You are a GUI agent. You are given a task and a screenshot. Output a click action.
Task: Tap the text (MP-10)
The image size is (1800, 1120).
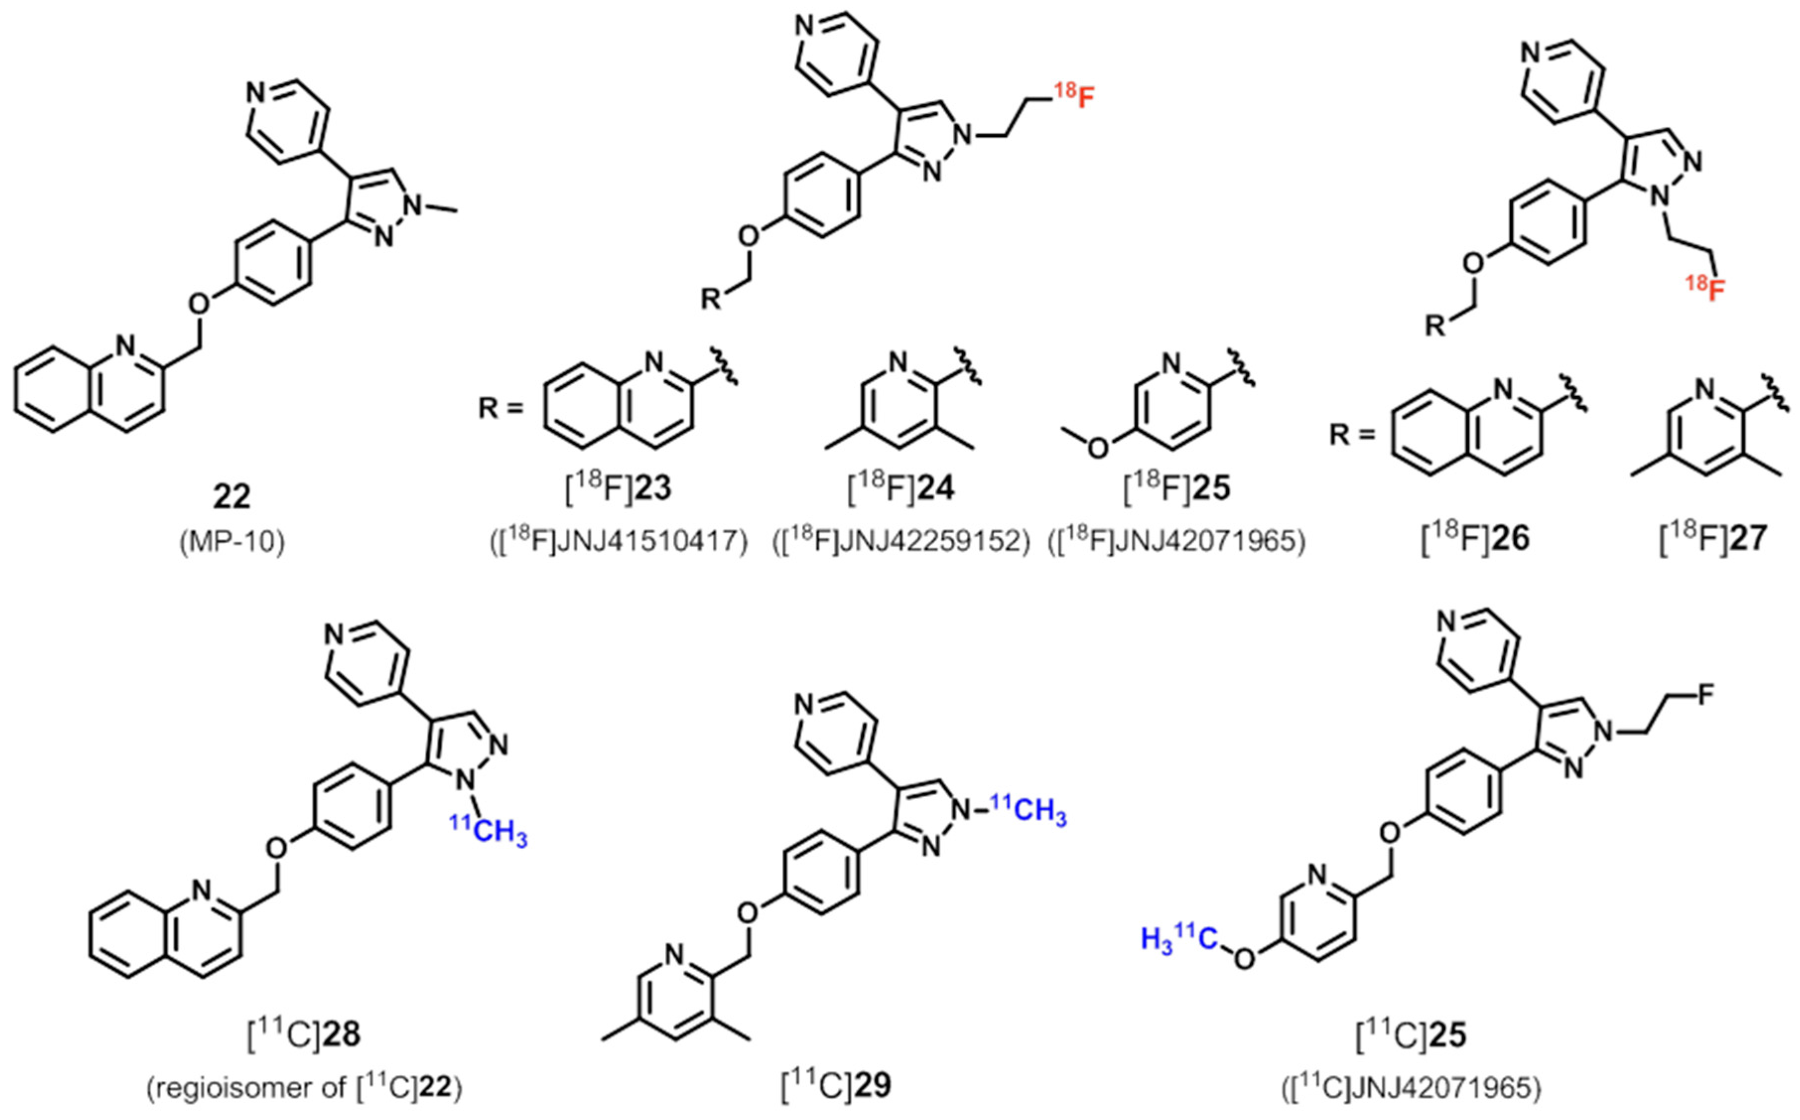click(x=232, y=543)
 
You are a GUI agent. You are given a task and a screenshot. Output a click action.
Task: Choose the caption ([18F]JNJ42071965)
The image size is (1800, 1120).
click(x=1177, y=542)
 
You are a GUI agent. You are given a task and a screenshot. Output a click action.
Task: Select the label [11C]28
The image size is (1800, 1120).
click(x=304, y=1035)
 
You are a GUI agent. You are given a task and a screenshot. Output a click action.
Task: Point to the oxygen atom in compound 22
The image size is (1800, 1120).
click(x=198, y=303)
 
